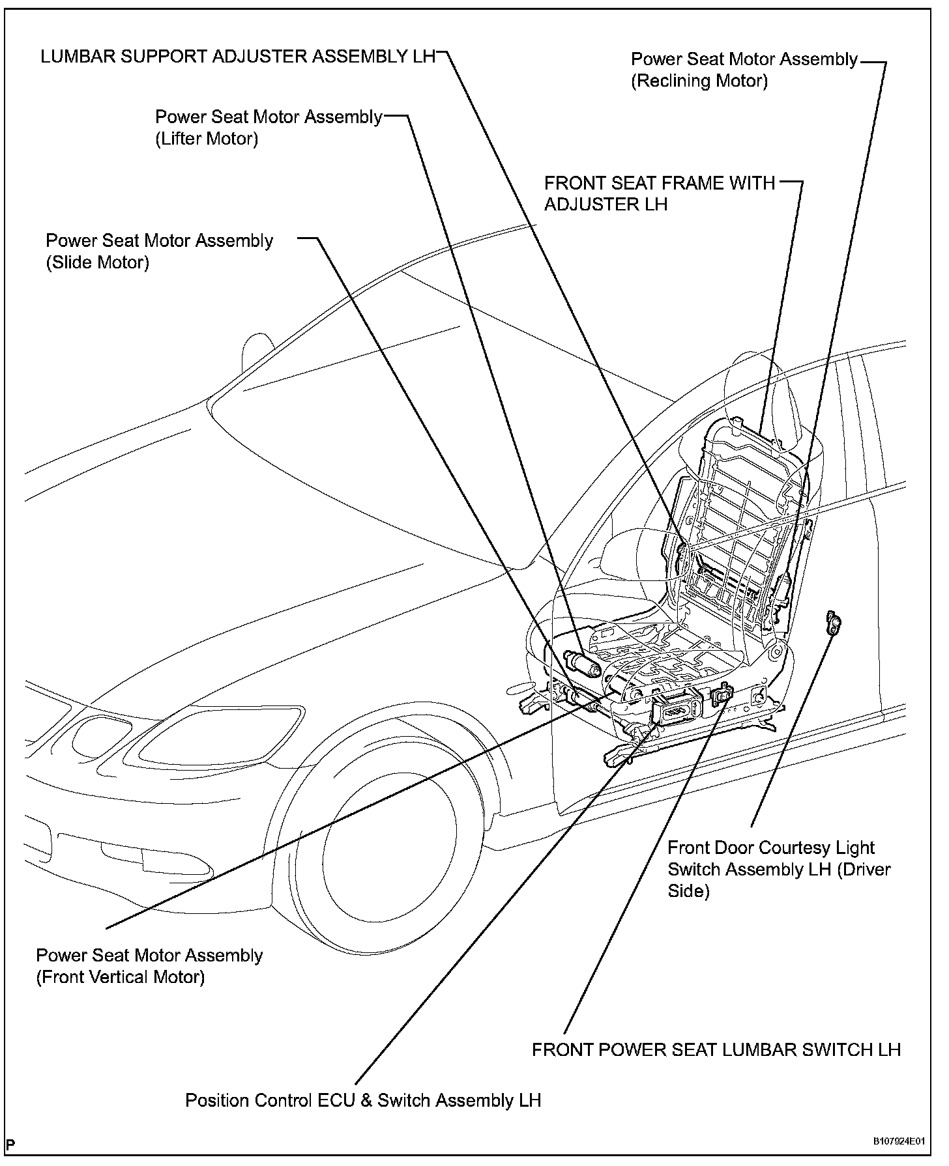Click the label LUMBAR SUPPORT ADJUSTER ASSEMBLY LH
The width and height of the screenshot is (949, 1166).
pyautogui.click(x=237, y=57)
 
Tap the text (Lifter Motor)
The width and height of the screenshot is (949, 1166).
pyautogui.click(x=207, y=139)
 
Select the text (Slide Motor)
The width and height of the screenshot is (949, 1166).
pyautogui.click(x=97, y=263)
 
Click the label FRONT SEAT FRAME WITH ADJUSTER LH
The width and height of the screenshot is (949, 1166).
pyautogui.click(x=659, y=193)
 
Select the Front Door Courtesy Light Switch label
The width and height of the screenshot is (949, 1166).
pyautogui.click(x=779, y=869)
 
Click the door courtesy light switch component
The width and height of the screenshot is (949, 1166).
pyautogui.click(x=833, y=623)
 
